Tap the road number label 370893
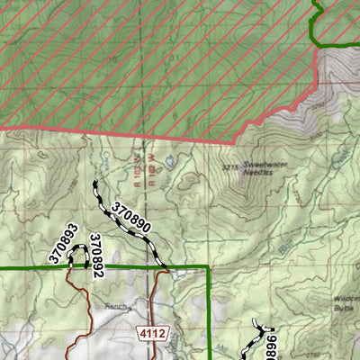(61, 245)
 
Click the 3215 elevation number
(230, 166)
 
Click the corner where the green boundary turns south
(208, 267)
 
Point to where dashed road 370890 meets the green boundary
(165, 266)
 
